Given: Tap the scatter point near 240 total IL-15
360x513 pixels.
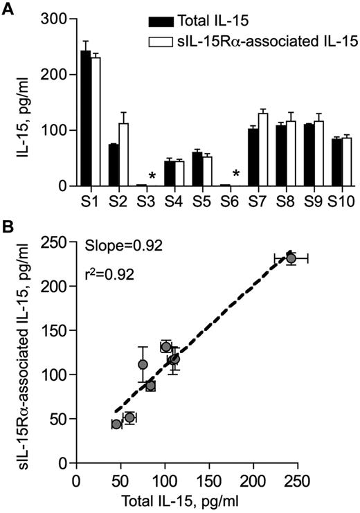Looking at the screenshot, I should pos(291,258).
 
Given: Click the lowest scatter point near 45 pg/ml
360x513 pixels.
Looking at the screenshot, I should pos(116,424).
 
